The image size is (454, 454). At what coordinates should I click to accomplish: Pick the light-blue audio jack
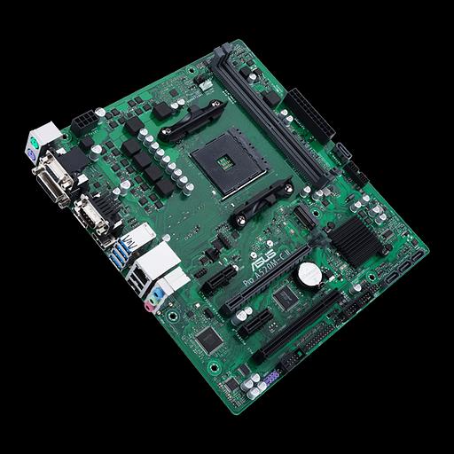click(x=156, y=293)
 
